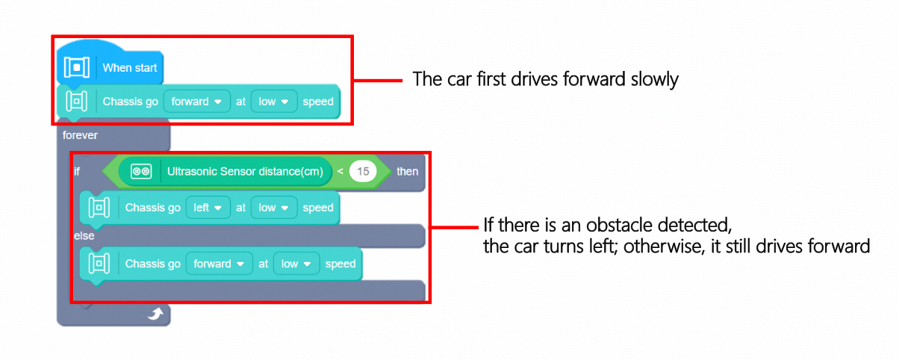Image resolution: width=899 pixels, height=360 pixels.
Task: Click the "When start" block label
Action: click(129, 68)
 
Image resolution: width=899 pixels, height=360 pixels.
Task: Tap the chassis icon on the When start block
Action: click(76, 68)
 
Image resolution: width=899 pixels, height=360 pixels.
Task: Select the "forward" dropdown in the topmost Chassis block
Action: click(196, 102)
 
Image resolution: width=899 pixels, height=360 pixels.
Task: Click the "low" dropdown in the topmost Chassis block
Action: click(274, 102)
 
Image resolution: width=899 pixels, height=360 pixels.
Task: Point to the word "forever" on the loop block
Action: click(80, 135)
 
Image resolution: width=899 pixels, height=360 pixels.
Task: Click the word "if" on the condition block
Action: click(77, 171)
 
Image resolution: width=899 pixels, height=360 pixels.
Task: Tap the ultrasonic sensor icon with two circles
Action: click(141, 171)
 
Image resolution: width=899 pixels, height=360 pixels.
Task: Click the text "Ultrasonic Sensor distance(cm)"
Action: click(245, 171)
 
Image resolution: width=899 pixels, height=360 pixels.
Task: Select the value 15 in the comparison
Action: click(364, 171)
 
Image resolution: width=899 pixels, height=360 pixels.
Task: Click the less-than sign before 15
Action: click(340, 171)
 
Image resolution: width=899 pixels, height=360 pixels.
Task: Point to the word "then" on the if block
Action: click(407, 171)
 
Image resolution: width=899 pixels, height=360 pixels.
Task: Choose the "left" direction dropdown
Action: click(208, 208)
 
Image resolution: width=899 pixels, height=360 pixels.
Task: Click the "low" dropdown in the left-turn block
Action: click(274, 208)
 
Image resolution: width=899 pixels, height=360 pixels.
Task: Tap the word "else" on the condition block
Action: click(84, 235)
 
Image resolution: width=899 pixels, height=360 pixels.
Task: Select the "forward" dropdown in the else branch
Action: click(219, 264)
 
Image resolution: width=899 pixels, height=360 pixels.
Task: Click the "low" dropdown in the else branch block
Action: click(296, 264)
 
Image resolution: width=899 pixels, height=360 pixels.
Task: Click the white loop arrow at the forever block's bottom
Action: click(155, 315)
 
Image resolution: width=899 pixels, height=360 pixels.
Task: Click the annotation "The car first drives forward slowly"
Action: click(545, 79)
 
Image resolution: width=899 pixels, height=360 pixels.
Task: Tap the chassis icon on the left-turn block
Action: click(99, 208)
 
